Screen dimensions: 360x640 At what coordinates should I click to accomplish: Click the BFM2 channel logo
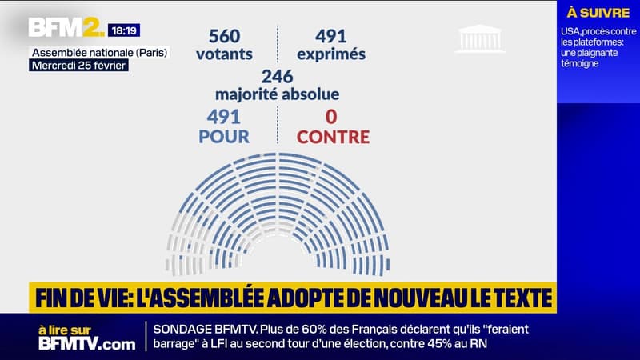66,28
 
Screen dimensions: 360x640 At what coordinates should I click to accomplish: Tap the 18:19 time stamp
124,30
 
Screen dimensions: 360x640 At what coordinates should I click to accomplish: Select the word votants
224,54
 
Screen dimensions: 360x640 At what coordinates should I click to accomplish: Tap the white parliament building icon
480,38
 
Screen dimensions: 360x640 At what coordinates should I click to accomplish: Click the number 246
278,76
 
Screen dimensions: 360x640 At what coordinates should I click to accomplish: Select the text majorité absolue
278,94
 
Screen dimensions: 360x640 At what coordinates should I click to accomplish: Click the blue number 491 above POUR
223,117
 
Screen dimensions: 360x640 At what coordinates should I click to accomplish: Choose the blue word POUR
224,137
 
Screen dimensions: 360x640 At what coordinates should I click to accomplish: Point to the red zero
334,117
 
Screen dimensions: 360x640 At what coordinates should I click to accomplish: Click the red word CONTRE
334,137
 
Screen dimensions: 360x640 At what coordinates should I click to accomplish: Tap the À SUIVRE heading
598,12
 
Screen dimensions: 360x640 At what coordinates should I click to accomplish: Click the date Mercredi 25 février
79,65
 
